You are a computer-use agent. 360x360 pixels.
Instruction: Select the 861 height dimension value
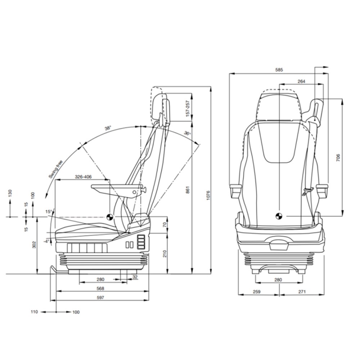coord(188,190)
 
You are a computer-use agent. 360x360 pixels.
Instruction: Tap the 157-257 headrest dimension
coord(188,108)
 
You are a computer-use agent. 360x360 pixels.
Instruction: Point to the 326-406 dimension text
coord(83,177)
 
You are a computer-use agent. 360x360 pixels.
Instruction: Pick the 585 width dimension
coord(279,69)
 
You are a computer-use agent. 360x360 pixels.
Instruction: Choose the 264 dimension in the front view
coord(301,81)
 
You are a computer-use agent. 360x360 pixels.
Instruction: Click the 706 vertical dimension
coord(338,158)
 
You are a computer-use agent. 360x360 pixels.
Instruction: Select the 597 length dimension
coord(100,298)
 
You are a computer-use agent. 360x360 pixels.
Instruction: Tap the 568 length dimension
coord(100,288)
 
